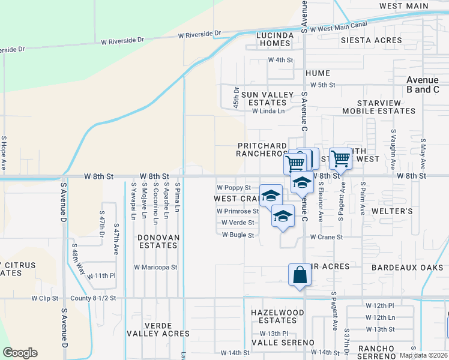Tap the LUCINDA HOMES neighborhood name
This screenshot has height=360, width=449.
coord(276,39)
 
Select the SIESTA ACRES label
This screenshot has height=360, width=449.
coord(371,40)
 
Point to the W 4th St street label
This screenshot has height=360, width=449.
coord(280,60)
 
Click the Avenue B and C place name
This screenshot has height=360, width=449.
coord(423,85)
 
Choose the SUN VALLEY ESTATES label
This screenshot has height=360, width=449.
coord(267,98)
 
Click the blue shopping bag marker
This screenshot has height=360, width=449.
coord(300,275)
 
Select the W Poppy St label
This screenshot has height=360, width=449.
coord(234,188)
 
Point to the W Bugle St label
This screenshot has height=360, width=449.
coord(238,235)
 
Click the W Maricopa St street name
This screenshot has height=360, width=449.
coord(155,267)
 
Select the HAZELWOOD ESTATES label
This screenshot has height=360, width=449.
coord(277,316)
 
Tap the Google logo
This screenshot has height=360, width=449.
coord(20,353)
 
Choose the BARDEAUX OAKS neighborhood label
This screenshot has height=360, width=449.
coord(402,267)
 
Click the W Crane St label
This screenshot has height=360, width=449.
coord(326,237)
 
